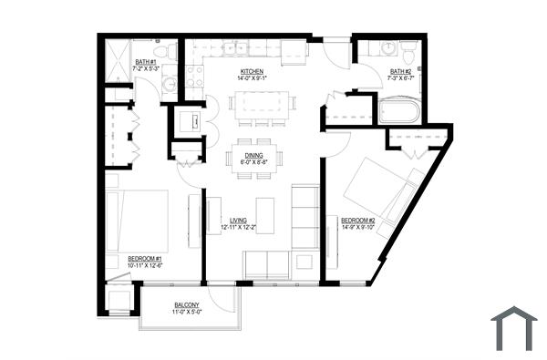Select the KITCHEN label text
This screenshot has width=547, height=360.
click(252, 71)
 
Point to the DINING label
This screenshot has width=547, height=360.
click(251, 155)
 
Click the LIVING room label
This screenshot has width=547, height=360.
click(238, 220)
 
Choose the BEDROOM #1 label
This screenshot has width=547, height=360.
click(145, 258)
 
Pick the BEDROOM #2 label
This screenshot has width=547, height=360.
click(358, 220)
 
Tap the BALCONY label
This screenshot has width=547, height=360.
click(187, 305)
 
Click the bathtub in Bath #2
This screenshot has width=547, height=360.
click(398, 112)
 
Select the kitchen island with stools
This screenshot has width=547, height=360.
click(258, 101)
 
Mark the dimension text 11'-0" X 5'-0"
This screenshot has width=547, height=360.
click(187, 313)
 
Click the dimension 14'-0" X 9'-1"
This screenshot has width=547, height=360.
click(252, 78)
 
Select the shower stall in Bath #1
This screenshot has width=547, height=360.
click(119, 60)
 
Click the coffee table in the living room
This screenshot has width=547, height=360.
click(264, 215)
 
